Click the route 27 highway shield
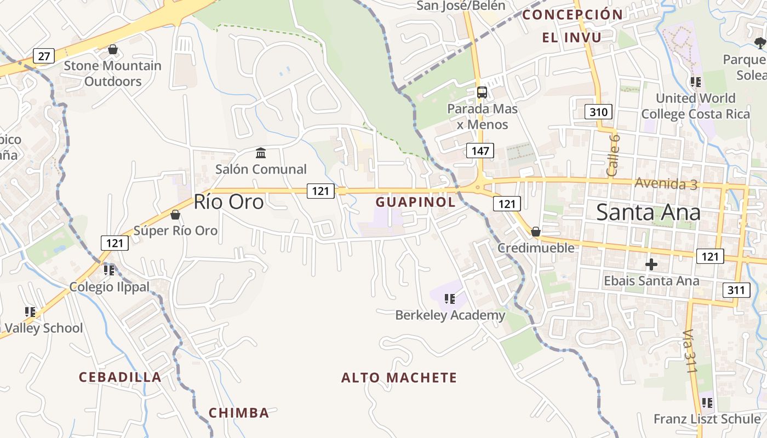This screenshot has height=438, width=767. click(44, 55)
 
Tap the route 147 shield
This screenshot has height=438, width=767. click(480, 151)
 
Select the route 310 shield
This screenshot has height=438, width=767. click(599, 113)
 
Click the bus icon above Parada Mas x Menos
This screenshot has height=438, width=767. click(482, 92)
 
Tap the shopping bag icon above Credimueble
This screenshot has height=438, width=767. click(536, 232)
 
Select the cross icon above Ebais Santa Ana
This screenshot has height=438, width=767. click(651, 265)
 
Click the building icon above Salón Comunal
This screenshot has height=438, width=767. click(261, 153)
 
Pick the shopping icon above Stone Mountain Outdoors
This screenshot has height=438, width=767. click(113, 50)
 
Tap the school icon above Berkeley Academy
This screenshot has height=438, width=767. click(450, 299)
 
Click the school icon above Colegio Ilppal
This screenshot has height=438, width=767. click(109, 270)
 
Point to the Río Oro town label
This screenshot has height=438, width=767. click(228, 202)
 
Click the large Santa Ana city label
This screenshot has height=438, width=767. click(648, 212)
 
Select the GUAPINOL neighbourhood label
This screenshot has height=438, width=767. click(415, 202)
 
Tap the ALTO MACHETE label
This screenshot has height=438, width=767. click(399, 378)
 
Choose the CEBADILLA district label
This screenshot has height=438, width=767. click(120, 377)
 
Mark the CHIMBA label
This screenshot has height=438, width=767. click(239, 413)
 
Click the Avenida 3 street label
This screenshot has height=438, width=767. click(666, 183)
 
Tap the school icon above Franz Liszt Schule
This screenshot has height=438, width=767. click(707, 403)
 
